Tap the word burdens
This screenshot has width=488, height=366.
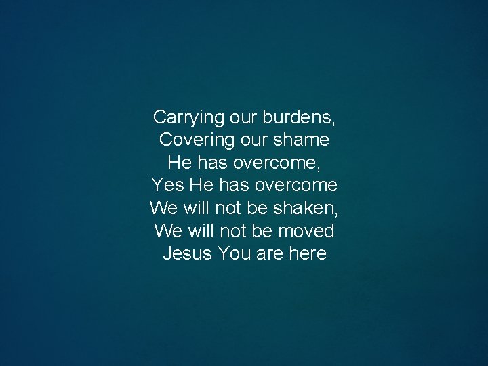tap(302, 117)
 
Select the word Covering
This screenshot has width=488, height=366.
tap(192, 140)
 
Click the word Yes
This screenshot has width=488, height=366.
tap(167, 186)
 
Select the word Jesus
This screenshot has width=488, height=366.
tap(188, 254)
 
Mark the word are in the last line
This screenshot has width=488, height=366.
tap(270, 254)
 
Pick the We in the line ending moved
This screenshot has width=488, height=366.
tap(167, 231)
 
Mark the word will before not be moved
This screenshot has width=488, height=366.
tap(199, 231)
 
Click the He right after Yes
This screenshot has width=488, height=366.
tap(201, 186)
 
